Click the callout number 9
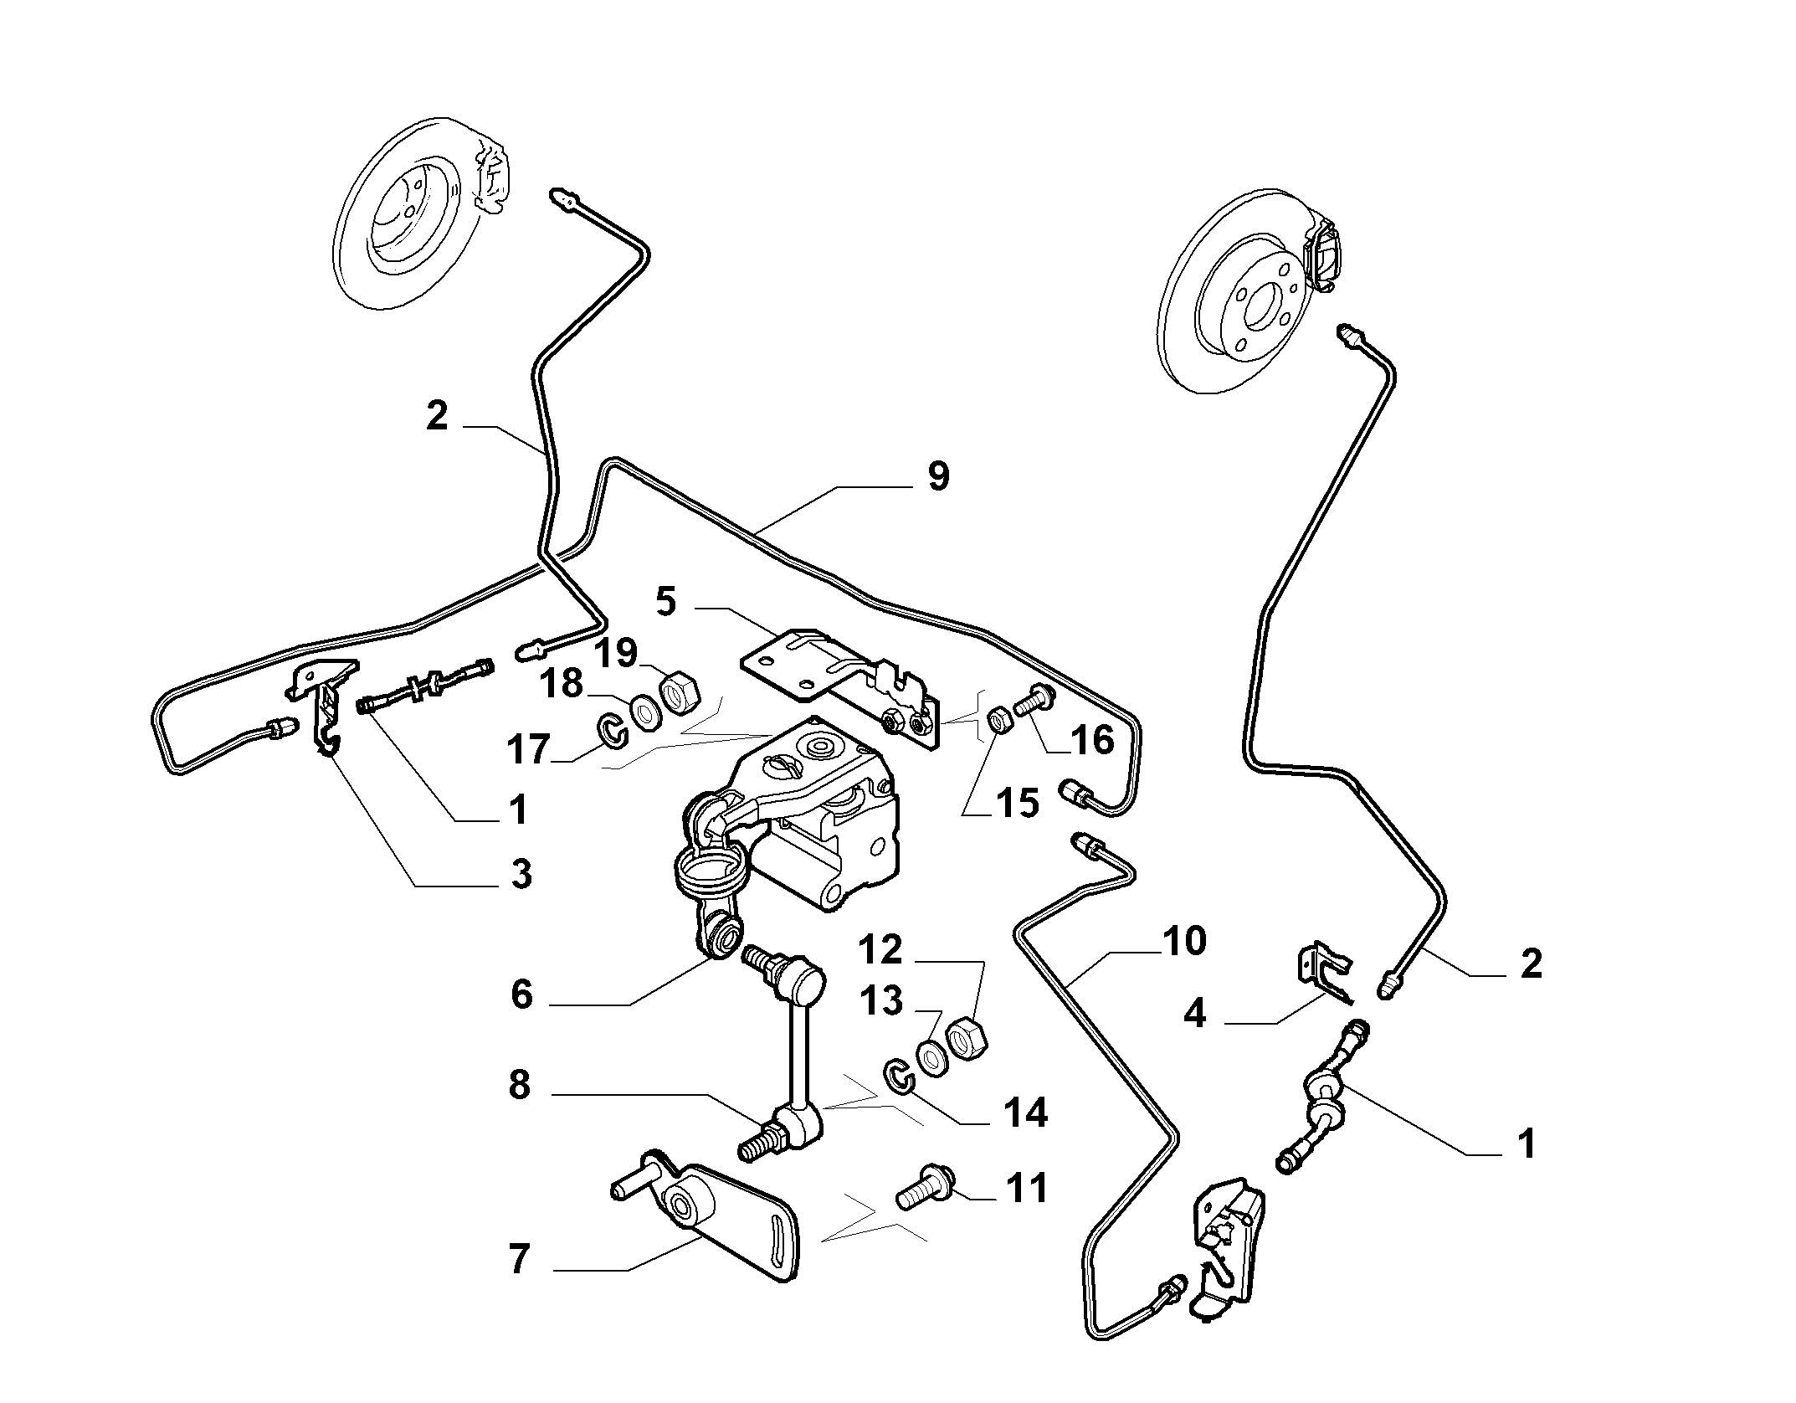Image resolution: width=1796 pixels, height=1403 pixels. [938, 476]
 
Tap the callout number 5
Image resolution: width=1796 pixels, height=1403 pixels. [665, 602]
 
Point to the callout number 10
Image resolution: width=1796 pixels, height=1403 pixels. [1183, 941]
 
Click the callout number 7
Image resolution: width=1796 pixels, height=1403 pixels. [519, 1282]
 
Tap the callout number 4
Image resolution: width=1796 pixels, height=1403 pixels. [1194, 1014]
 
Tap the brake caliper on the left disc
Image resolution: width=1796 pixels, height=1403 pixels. [490, 177]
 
